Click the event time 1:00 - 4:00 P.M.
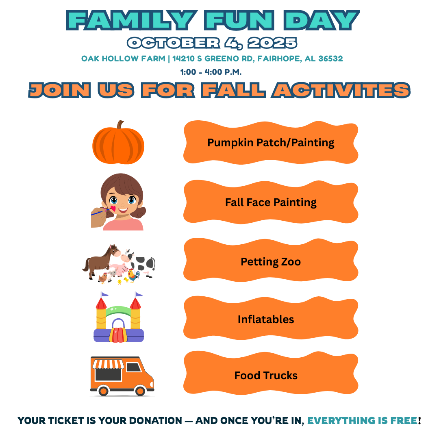tap(211, 72)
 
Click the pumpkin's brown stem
tap(120, 125)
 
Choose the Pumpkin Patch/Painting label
tap(271, 143)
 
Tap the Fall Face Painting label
tap(271, 202)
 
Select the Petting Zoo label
tap(271, 261)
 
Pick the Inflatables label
tap(266, 319)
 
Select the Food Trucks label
tap(266, 376)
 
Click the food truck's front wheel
tap(140, 391)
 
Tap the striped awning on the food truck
tap(108, 363)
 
